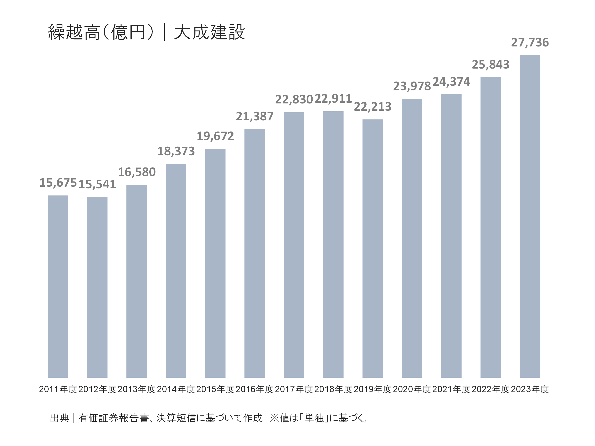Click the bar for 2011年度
point(58,286)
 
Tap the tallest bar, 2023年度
point(530,216)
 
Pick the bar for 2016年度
point(255,253)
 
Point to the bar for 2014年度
point(176,270)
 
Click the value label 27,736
point(530,43)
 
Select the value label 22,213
point(372,107)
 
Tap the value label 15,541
point(97,184)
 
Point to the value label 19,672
point(215,136)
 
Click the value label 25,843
point(490,64)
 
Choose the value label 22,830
point(294,100)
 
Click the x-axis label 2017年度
point(294,389)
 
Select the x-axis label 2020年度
point(412,389)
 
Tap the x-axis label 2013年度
point(137,389)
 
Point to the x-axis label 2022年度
point(490,389)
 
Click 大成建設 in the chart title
point(209,32)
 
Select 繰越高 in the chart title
point(74,32)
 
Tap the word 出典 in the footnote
point(59,418)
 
